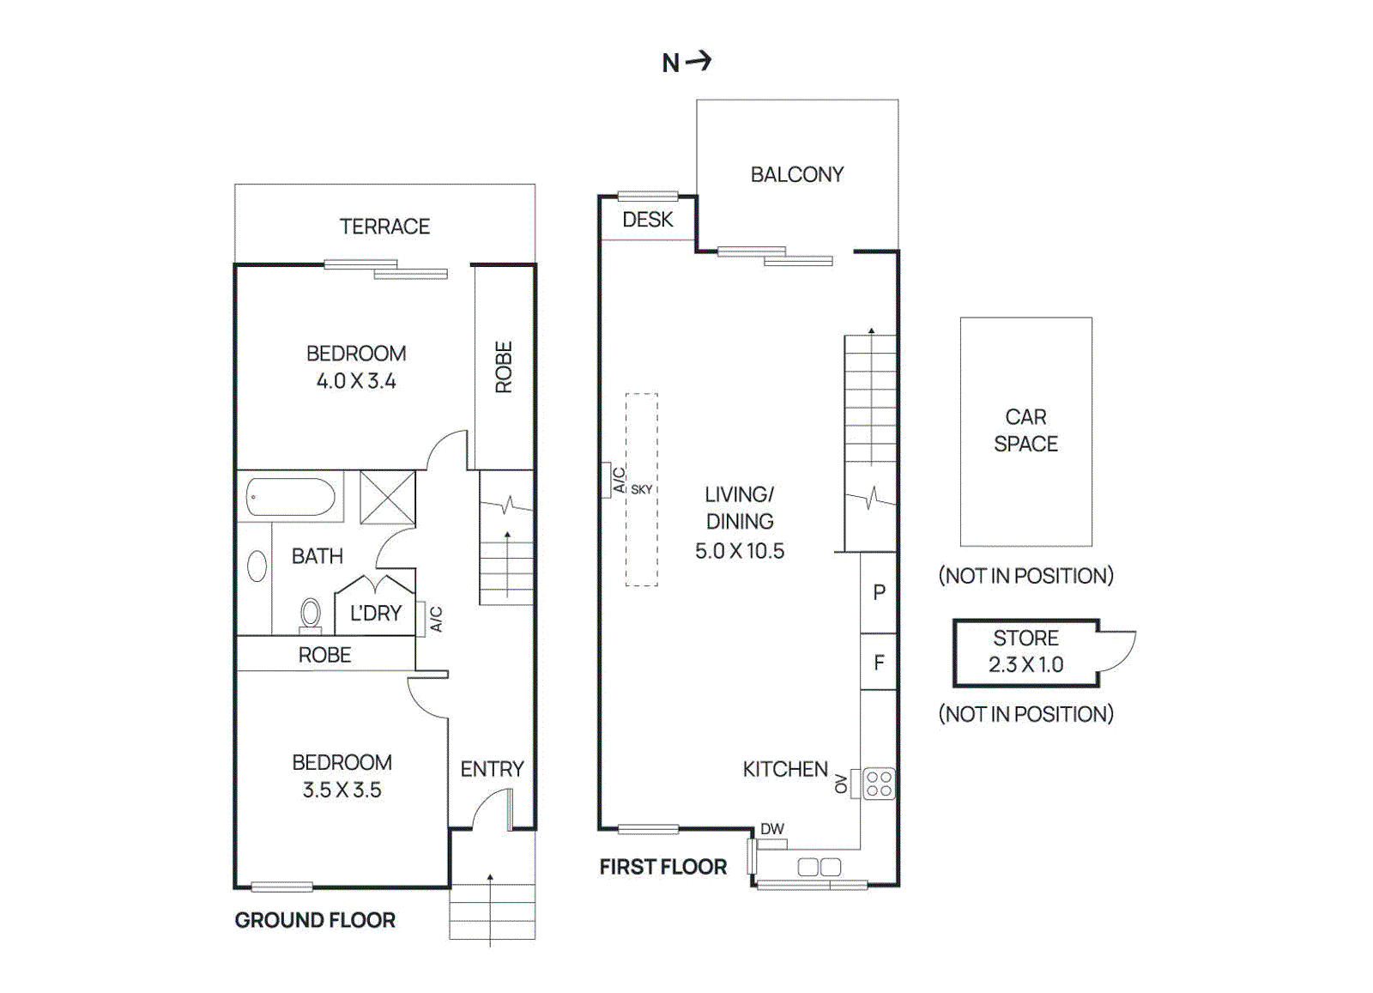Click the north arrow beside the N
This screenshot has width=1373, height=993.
pyautogui.click(x=699, y=61)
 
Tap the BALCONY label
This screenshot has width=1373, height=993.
pyautogui.click(x=797, y=175)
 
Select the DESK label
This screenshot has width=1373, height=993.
pyautogui.click(x=647, y=220)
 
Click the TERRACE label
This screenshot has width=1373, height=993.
pyautogui.click(x=384, y=227)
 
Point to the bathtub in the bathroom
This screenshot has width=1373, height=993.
pyautogui.click(x=291, y=497)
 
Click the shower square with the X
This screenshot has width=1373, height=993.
pyautogui.click(x=387, y=497)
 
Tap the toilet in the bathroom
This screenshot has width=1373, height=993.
pyautogui.click(x=311, y=615)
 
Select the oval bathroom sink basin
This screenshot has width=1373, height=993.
pyautogui.click(x=257, y=566)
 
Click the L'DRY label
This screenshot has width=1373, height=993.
pyautogui.click(x=375, y=613)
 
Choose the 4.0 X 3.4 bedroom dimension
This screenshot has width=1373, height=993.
pyautogui.click(x=356, y=381)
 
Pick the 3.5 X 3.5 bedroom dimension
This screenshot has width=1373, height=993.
pyautogui.click(x=342, y=790)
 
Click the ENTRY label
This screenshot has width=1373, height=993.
pyautogui.click(x=493, y=769)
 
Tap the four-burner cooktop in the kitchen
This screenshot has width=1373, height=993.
pyautogui.click(x=879, y=784)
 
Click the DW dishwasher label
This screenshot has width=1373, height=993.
pyautogui.click(x=772, y=829)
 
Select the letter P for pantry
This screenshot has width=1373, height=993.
pyautogui.click(x=879, y=592)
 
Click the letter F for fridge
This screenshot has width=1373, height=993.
pyautogui.click(x=879, y=663)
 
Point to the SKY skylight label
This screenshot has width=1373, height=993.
pyautogui.click(x=641, y=490)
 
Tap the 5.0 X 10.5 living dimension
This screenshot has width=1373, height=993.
pyautogui.click(x=739, y=551)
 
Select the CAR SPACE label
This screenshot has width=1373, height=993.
pyautogui.click(x=1025, y=430)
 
